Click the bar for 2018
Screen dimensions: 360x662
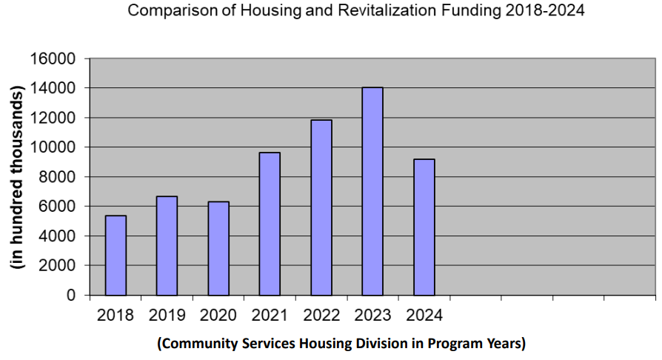116,255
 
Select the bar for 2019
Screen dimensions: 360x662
167,245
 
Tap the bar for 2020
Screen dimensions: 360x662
218,248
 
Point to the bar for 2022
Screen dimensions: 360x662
321,207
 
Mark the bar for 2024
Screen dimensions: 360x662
424,227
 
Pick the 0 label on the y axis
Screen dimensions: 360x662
72,295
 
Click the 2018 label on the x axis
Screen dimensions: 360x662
116,316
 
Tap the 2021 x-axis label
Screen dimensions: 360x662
270,316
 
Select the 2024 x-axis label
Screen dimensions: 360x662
424,316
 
